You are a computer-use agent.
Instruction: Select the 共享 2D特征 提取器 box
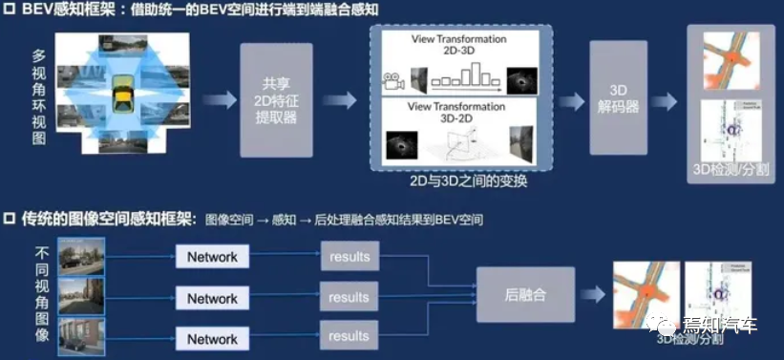click(277, 99)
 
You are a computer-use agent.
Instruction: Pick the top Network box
click(212, 257)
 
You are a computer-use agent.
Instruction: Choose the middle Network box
click(212, 297)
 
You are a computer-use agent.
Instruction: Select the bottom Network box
click(212, 338)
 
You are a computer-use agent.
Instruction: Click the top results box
click(349, 257)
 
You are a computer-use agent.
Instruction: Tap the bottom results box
click(349, 335)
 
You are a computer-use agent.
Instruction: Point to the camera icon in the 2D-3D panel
click(390, 82)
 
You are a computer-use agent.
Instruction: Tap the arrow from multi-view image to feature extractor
click(217, 99)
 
